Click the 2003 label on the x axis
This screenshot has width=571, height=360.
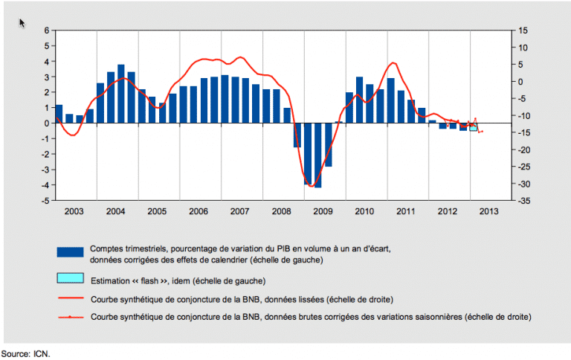pyautogui.click(x=74, y=212)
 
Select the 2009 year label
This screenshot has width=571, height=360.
pyautogui.click(x=322, y=212)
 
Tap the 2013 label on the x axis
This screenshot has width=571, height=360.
pyautogui.click(x=488, y=212)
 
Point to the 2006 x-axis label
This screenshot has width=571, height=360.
pyautogui.click(x=198, y=212)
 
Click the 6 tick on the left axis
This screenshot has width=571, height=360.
pyautogui.click(x=46, y=30)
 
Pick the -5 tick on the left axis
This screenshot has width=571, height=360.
pyautogui.click(x=45, y=201)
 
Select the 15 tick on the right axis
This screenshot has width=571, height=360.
pyautogui.click(x=524, y=30)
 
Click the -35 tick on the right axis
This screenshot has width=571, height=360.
pyautogui.click(x=524, y=201)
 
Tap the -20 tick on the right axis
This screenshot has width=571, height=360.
pyautogui.click(x=524, y=150)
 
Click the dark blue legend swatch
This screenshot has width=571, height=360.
pyautogui.click(x=70, y=251)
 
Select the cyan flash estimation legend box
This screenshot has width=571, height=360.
pyautogui.click(x=70, y=279)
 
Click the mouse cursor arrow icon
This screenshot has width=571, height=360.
pyautogui.click(x=22, y=23)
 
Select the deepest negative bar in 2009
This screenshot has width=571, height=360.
pyautogui.click(x=318, y=155)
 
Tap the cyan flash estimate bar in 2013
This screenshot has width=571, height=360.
pyautogui.click(x=474, y=128)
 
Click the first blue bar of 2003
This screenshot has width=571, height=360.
pyautogui.click(x=59, y=114)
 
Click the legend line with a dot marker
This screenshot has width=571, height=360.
pyautogui.click(x=70, y=317)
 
